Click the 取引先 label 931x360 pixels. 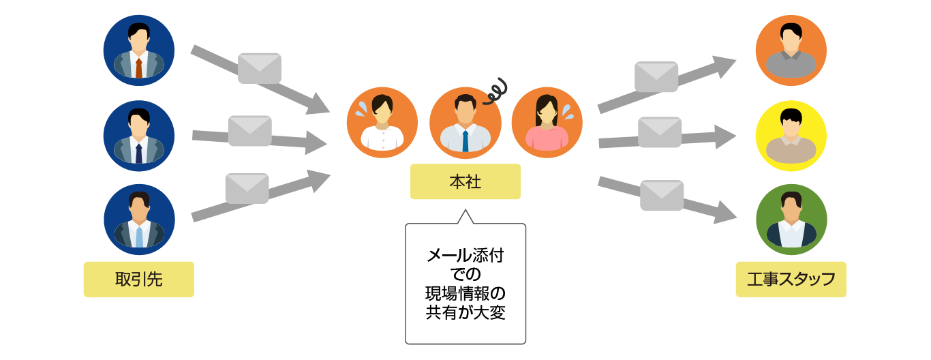point(138,280)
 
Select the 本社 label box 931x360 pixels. point(465,182)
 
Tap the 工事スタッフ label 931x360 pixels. point(791,280)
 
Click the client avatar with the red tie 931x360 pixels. point(139,50)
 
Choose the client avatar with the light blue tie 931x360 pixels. point(139,220)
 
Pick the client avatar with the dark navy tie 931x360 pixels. point(139,136)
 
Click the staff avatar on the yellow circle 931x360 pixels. point(791,136)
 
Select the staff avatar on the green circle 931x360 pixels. point(791,220)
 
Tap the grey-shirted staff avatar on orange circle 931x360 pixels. point(791,50)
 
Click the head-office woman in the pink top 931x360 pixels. point(547,123)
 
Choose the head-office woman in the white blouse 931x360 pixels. point(382,123)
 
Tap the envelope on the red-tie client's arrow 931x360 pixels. point(260,68)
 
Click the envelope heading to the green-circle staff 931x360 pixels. point(662,195)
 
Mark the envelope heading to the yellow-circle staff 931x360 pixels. point(660,132)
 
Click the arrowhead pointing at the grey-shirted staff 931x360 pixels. point(725,66)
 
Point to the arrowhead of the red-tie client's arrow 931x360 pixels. point(319,105)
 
